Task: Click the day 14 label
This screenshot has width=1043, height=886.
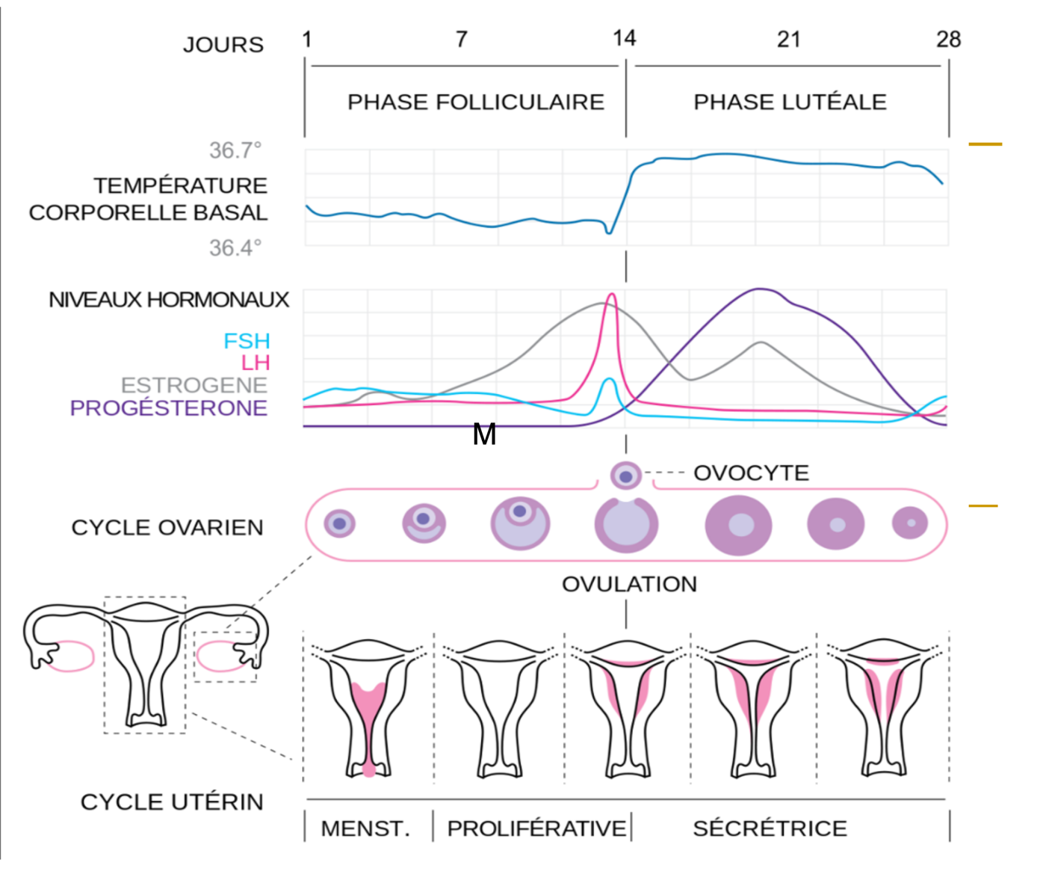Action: point(624,38)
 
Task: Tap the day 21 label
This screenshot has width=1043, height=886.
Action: point(789,39)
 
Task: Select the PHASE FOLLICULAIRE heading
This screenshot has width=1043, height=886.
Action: point(476,102)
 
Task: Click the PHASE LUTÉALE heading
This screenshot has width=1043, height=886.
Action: point(790,102)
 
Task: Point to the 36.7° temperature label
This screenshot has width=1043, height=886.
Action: point(235,150)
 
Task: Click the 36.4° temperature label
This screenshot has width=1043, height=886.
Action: point(235,247)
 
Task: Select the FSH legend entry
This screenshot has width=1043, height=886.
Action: point(247,341)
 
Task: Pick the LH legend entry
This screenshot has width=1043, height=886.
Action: point(256,363)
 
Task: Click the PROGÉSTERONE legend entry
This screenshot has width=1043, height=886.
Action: point(169,408)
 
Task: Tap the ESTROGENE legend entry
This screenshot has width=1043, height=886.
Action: point(194,386)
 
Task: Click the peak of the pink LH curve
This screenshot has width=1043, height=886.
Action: point(612,295)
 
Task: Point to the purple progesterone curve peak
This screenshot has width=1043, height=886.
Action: point(760,289)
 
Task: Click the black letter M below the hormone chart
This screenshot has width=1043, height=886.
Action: point(484,434)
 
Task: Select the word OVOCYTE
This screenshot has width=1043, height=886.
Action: point(751,473)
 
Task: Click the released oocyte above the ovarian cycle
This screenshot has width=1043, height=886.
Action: point(625,476)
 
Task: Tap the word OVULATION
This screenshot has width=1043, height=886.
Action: point(629,584)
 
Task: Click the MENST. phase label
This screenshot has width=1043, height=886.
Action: point(365,828)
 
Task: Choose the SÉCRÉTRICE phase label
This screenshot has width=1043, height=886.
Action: point(770,828)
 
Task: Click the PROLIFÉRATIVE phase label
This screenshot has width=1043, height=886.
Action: point(536,828)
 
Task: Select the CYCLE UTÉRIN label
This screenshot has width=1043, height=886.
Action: point(172,802)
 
